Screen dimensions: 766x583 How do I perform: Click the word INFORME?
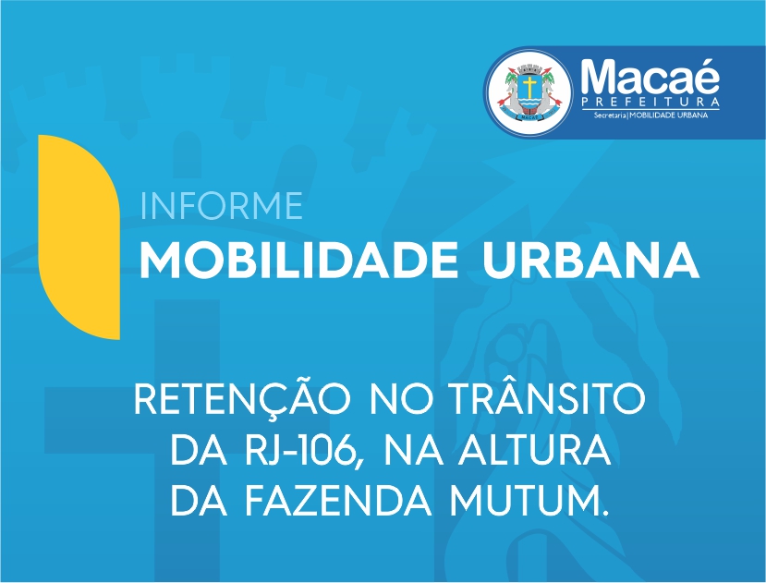(x=221, y=206)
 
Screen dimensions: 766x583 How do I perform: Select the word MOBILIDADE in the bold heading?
(x=299, y=261)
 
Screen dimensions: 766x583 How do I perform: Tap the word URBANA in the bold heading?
(x=591, y=261)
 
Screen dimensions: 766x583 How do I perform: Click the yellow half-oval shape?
(x=79, y=237)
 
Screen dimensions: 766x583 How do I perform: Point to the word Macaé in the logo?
(x=650, y=78)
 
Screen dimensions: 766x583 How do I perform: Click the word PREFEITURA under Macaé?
(x=650, y=103)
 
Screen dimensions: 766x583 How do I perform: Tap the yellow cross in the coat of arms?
(x=529, y=87)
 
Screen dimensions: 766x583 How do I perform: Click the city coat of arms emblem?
(x=530, y=92)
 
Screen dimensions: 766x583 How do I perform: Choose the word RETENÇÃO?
(x=242, y=398)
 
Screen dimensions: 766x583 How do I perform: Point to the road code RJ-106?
(x=306, y=452)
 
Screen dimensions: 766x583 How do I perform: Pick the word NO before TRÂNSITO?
(x=401, y=398)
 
